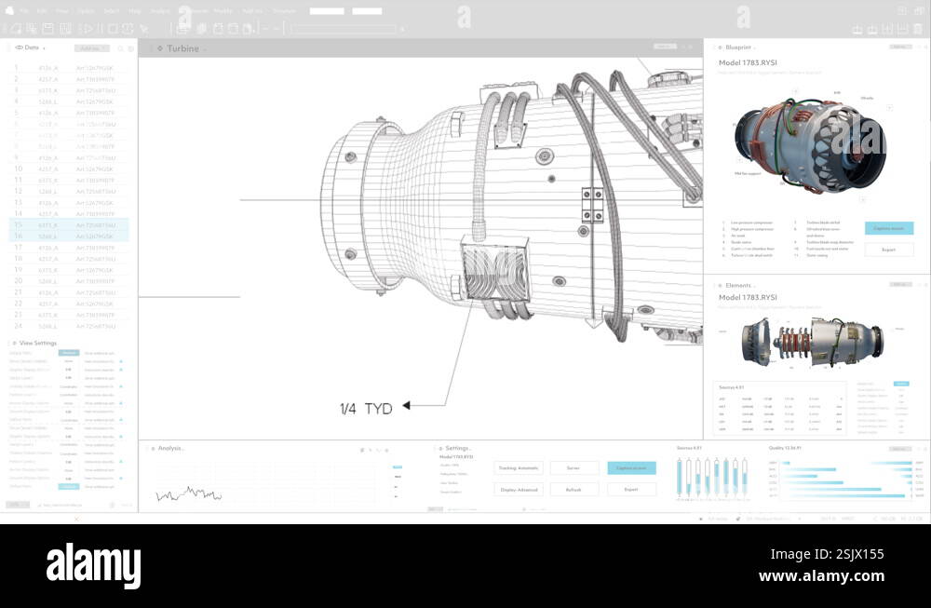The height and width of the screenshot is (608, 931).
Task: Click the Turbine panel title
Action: (x=182, y=48)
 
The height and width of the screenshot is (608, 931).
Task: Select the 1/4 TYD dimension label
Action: (x=366, y=408)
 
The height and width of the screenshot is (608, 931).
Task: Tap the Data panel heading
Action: (x=32, y=47)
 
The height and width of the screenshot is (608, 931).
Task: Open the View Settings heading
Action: (x=37, y=343)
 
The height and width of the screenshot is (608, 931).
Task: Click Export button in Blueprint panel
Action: (x=888, y=250)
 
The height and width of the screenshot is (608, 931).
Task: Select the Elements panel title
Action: (x=738, y=285)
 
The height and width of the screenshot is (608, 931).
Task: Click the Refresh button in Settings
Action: (x=573, y=489)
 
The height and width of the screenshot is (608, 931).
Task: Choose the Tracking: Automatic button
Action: (x=519, y=468)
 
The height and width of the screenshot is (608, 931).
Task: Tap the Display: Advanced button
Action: (x=519, y=489)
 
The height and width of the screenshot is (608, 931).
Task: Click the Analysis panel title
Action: (x=170, y=448)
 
